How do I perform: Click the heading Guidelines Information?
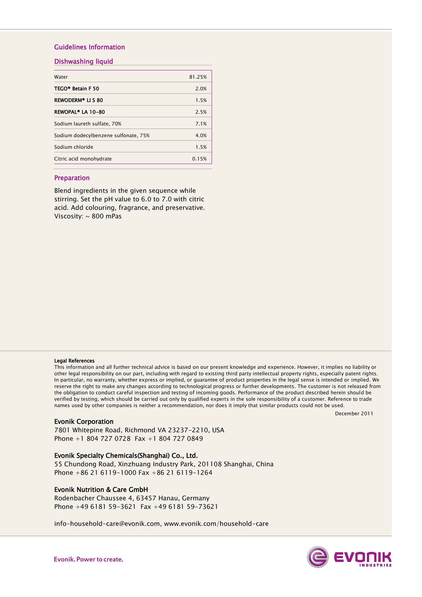point(89,47)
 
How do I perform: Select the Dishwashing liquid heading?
point(83,61)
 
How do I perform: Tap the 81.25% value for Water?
point(198,77)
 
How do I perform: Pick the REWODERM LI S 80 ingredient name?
point(78,100)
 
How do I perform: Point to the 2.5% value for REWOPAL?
point(201,112)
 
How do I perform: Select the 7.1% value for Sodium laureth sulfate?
point(201,124)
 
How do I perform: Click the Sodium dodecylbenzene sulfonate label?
point(102,135)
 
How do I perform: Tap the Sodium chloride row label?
point(73,147)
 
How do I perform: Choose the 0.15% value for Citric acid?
point(199,159)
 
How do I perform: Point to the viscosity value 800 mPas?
point(106,216)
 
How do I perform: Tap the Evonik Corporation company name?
point(84,422)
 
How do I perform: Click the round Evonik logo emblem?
point(318,557)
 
